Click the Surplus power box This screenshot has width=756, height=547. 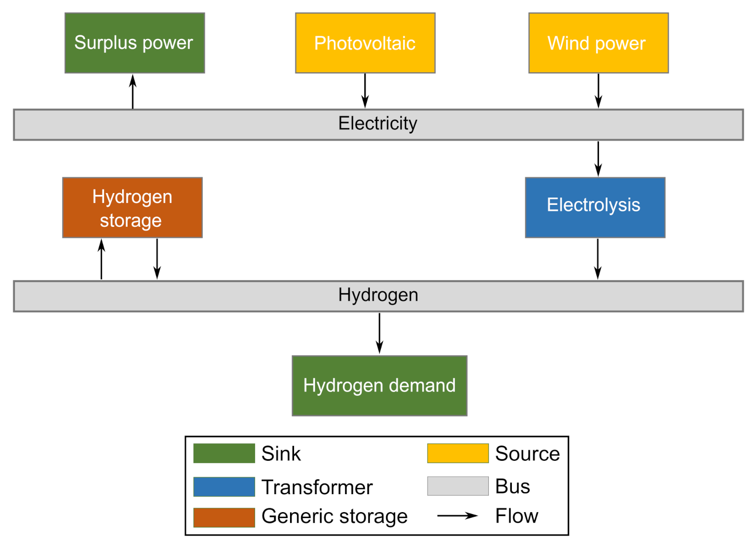(135, 43)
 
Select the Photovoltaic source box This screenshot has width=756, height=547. (365, 43)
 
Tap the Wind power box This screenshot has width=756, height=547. (598, 43)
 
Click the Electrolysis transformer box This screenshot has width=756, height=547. (595, 207)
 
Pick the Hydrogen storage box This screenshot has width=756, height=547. (132, 207)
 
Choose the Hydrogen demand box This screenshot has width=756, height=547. (379, 385)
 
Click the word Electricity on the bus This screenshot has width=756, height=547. (378, 124)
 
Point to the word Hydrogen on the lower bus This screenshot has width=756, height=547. (378, 295)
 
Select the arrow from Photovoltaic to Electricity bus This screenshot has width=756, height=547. (365, 91)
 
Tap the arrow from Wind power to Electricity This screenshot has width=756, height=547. (598, 91)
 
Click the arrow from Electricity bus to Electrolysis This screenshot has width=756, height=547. (598, 159)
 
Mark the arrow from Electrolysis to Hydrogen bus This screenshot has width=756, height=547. (598, 259)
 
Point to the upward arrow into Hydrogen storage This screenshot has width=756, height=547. (102, 259)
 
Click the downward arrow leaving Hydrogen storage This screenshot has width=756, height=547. (157, 259)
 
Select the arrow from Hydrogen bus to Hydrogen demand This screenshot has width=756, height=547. (379, 333)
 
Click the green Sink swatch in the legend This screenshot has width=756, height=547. (224, 453)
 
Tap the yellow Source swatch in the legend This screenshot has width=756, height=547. (457, 453)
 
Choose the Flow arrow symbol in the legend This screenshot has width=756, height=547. (457, 516)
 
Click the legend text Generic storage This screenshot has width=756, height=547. (334, 517)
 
